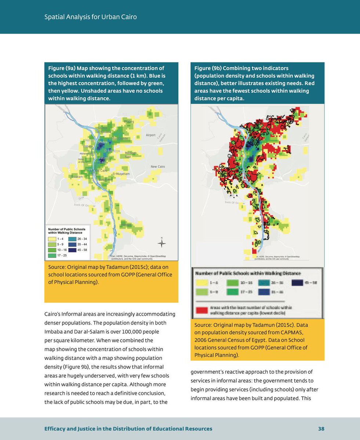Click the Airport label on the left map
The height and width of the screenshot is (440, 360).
point(151,135)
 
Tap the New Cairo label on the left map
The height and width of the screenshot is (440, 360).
point(158,167)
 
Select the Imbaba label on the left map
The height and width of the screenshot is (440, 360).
point(88,147)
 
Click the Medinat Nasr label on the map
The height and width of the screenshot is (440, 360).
point(131,154)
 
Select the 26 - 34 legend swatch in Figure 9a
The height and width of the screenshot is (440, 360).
point(72,239)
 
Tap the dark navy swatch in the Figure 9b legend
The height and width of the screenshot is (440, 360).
point(298,283)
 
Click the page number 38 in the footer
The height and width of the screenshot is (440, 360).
point(321,429)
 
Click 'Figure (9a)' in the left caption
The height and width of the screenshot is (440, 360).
point(61,68)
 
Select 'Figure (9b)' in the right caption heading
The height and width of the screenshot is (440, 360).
point(208,68)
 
